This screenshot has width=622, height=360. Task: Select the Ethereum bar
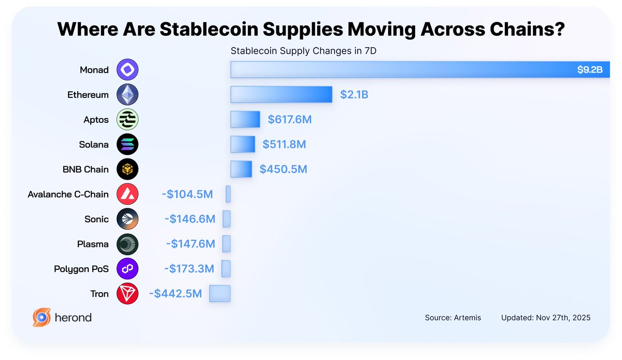coord(281,94)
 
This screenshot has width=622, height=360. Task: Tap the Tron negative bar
coord(220,294)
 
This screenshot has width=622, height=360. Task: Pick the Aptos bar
coord(245,120)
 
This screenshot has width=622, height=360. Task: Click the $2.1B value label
coord(354,95)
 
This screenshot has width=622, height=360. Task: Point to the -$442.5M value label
coord(175,294)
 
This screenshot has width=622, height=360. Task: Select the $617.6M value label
coord(290,120)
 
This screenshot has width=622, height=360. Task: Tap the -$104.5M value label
coord(187,194)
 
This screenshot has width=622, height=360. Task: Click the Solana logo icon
coord(128,145)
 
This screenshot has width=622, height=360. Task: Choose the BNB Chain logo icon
coord(128,169)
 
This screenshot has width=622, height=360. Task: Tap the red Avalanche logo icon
coord(128,194)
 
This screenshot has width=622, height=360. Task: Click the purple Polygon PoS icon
coord(128,269)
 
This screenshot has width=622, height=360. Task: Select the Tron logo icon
coord(128,294)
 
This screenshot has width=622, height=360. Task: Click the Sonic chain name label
coord(96,219)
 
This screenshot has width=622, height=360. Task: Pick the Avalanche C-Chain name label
coord(68,194)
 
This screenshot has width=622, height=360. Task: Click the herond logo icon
coord(41,317)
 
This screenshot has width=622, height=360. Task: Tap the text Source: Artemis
coord(453,318)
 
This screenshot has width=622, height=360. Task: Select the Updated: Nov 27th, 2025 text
coord(545,318)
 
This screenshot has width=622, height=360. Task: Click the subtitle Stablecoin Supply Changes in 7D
coord(303,51)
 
